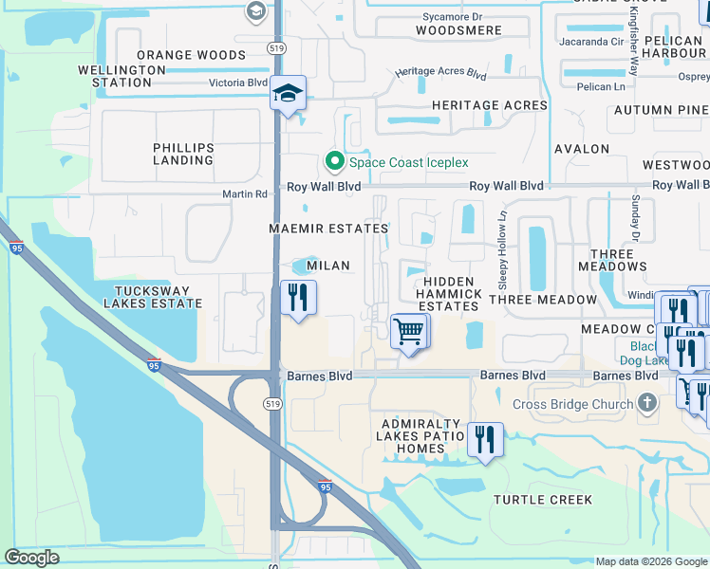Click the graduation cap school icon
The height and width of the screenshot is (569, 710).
289,94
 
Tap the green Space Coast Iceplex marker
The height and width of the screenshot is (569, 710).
334,162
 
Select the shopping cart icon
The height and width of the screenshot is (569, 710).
409,332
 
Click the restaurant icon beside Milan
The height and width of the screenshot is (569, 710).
299,298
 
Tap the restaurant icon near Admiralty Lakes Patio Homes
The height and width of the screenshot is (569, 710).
485,439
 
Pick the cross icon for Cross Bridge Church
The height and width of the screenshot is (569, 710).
647,405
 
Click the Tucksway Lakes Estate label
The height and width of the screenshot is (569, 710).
158,298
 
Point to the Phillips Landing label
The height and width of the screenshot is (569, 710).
183,155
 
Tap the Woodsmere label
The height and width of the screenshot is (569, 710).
458,30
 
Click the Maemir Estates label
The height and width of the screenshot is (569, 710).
328,229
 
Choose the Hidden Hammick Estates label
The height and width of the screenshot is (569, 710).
449,294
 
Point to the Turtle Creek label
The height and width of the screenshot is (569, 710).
543,500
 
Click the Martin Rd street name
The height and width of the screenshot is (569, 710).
245,193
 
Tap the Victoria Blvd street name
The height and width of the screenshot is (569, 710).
238,83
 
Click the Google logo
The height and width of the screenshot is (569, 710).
32,558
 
